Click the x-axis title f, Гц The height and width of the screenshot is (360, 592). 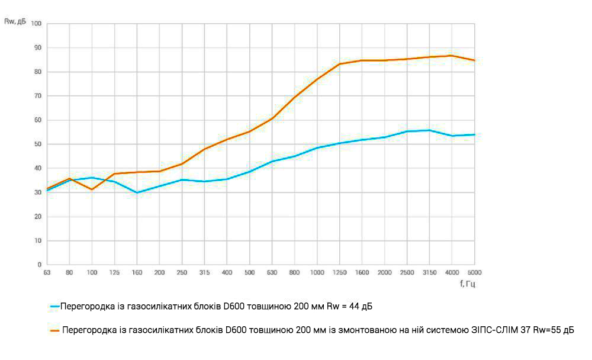(x=467, y=284)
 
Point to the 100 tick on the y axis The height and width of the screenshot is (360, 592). (x=36, y=24)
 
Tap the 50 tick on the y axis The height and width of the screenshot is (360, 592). (x=37, y=144)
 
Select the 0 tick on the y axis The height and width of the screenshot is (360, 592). (x=39, y=265)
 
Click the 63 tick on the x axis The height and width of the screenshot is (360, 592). (x=47, y=273)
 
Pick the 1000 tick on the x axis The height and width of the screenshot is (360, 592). (x=317, y=273)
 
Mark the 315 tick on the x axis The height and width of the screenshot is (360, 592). (x=204, y=273)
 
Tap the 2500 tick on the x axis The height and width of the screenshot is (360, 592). (x=407, y=273)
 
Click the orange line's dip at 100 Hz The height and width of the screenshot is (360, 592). (x=92, y=189)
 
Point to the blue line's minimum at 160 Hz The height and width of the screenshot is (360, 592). (x=137, y=192)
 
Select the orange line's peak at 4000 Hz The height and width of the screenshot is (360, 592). (x=452, y=56)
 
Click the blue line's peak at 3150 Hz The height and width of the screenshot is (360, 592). (x=429, y=130)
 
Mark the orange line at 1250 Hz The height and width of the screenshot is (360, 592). (x=339, y=64)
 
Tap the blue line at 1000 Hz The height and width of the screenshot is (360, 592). (x=317, y=147)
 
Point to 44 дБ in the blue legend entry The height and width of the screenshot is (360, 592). (x=360, y=307)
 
